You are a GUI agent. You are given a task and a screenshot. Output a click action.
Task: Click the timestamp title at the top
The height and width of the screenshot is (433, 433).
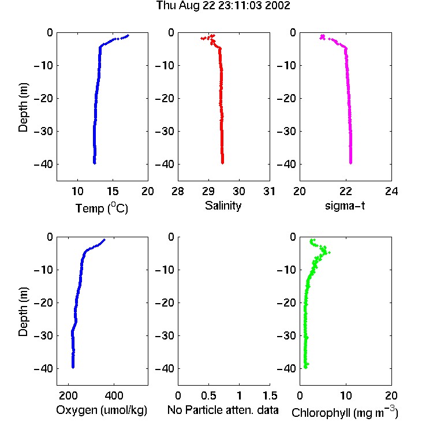point(223,6)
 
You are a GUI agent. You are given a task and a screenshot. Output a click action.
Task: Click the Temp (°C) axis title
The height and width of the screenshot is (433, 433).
point(102,208)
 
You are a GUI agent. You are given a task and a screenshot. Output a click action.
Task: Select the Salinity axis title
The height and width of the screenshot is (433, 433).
point(223,206)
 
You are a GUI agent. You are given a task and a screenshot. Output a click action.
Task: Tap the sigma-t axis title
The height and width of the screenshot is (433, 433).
point(345,206)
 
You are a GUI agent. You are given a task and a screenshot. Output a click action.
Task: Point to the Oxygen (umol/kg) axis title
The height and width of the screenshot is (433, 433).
point(102,410)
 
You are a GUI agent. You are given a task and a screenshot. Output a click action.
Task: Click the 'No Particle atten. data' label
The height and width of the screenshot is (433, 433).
point(223,410)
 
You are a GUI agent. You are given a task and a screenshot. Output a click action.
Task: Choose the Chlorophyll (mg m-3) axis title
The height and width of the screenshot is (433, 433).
point(345,412)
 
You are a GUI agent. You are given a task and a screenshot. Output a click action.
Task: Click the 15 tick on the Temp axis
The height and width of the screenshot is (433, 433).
point(113,191)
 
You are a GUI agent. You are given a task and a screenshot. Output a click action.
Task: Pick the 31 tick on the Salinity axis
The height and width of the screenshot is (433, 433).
point(269,191)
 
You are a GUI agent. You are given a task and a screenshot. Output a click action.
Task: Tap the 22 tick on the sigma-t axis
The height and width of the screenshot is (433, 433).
point(345,191)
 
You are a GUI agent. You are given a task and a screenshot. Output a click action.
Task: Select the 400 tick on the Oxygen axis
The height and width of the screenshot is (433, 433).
point(114,395)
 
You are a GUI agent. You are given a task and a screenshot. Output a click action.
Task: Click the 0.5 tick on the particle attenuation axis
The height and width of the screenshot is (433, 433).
point(208,395)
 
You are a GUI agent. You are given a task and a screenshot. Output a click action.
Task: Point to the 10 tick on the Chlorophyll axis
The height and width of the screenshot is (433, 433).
point(346,395)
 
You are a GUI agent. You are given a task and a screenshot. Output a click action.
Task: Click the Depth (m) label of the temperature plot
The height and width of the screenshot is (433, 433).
point(23,107)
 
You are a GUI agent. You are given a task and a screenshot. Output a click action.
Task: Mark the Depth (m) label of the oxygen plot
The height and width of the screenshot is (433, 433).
point(23,312)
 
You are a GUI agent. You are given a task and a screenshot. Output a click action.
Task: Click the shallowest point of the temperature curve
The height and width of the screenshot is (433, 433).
point(128,35)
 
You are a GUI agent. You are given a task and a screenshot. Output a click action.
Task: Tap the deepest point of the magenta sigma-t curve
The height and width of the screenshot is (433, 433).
point(350,163)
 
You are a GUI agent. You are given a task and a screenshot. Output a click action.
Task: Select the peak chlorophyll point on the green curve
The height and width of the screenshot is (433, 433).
point(329,252)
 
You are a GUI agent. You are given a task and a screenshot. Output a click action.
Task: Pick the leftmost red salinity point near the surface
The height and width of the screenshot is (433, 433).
point(202,38)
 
